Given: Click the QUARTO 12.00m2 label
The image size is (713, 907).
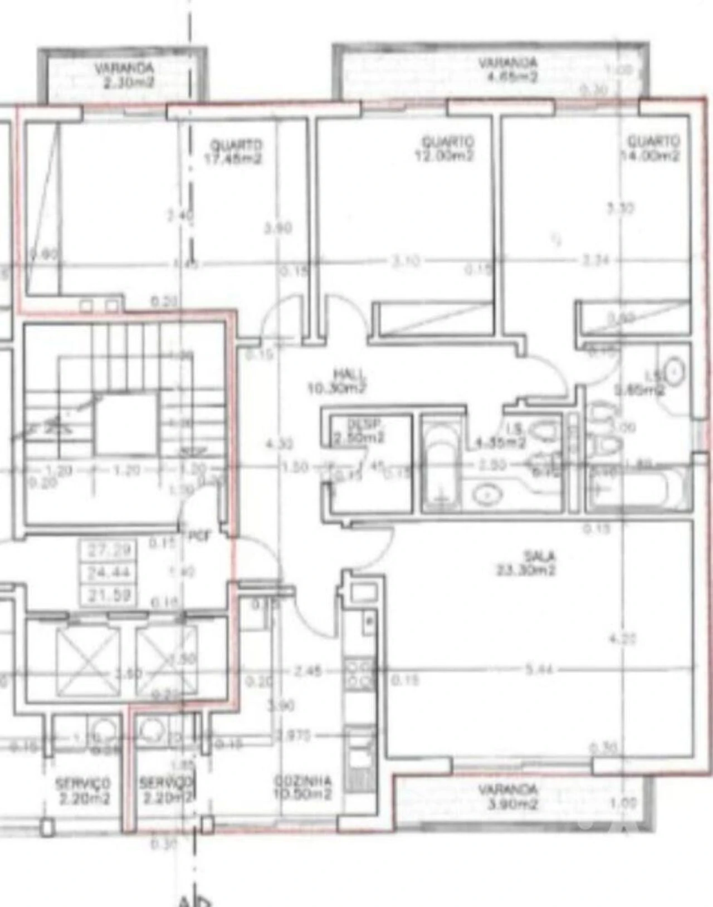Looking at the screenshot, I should tap(445, 148).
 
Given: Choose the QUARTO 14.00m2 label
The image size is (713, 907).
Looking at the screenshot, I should tap(651, 148).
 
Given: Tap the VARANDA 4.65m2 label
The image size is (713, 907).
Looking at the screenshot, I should tap(508, 70).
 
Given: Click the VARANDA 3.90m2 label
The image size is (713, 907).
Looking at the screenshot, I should tap(508, 797).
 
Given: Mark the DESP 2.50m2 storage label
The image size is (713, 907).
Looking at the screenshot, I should tap(359, 431).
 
